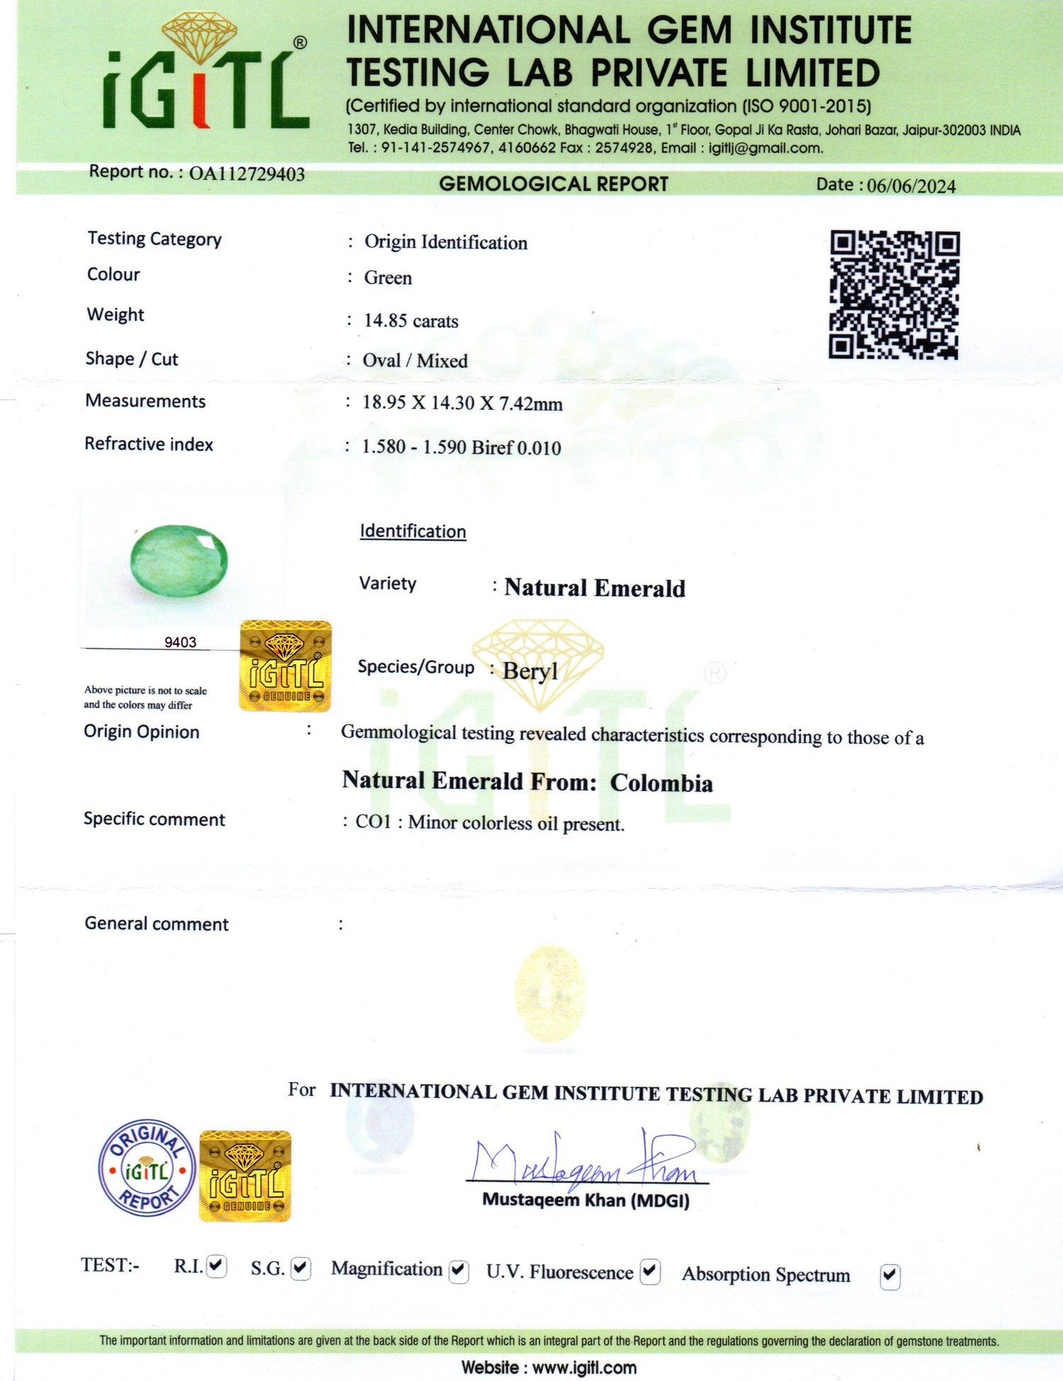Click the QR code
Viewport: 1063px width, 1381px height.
point(894,295)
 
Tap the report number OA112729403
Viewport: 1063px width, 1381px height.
point(247,174)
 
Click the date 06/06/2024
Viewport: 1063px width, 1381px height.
point(911,186)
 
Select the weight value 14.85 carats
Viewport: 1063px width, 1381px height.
point(411,322)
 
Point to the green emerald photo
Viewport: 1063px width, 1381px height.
point(179,561)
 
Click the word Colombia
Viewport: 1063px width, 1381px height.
point(661,783)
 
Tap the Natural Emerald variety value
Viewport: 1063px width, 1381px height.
point(595,589)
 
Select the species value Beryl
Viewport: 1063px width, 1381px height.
point(530,671)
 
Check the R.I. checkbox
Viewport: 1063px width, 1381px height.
point(217,1266)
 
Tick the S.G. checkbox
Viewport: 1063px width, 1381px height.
point(301,1268)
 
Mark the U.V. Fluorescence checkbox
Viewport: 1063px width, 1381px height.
point(650,1272)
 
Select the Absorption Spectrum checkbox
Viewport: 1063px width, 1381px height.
point(890,1276)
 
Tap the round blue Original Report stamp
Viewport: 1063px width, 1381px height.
point(147,1169)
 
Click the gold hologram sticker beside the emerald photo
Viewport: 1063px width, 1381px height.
point(286,666)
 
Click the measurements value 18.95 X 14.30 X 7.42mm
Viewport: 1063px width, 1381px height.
point(462,404)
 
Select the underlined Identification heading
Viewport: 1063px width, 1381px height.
point(412,532)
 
